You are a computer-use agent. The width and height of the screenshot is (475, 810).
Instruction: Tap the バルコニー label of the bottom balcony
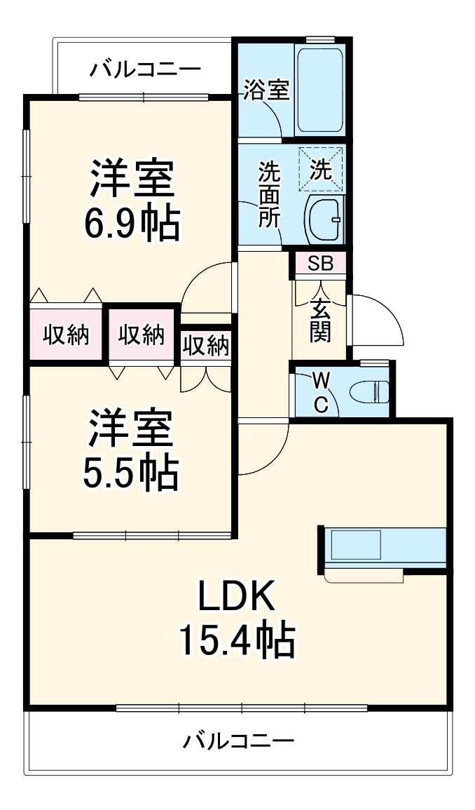[239, 741]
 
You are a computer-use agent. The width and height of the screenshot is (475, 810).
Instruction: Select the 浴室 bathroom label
[266, 90]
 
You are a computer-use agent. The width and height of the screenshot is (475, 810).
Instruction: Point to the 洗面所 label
[269, 194]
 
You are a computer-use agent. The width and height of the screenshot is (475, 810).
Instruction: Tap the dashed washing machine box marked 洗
[321, 169]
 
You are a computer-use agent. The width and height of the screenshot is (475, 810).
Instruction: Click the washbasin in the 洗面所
[325, 219]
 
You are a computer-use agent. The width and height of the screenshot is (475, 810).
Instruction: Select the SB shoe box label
[320, 264]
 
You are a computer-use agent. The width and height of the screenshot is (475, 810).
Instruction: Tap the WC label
[320, 392]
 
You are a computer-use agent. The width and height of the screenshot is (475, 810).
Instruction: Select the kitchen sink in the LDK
[356, 545]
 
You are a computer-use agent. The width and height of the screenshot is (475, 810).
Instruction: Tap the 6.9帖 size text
[131, 223]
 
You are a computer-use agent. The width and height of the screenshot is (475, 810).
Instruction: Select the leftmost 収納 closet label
[66, 336]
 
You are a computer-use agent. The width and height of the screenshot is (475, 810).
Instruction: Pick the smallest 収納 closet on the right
[206, 345]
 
